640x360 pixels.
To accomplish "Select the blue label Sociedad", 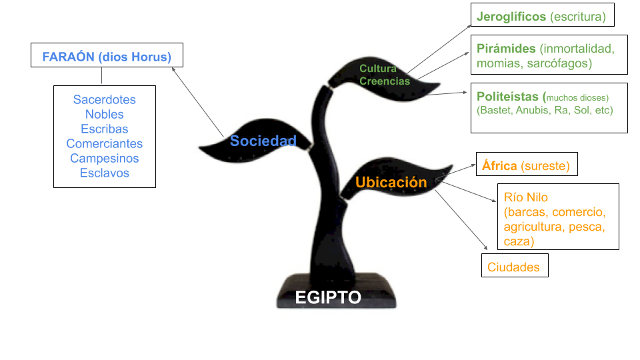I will coord(263,141).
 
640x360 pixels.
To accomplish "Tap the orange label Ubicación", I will coord(391,182).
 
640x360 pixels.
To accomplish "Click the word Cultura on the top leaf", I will coord(378,69).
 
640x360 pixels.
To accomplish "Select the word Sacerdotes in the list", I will coord(105,100).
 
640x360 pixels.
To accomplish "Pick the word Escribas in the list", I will coord(105,129).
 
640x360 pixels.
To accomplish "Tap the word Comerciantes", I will coord(105,144).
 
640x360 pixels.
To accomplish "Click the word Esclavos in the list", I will coord(105,173).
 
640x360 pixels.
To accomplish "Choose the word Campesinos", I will coord(105,159).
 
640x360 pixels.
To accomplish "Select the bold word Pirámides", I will coord(507,49).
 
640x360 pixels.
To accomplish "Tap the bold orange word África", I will coord(499,165).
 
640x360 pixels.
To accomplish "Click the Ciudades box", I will coord(513,267).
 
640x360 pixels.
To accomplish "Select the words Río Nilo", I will coord(526,198).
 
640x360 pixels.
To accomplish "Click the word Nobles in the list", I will coord(105,115).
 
